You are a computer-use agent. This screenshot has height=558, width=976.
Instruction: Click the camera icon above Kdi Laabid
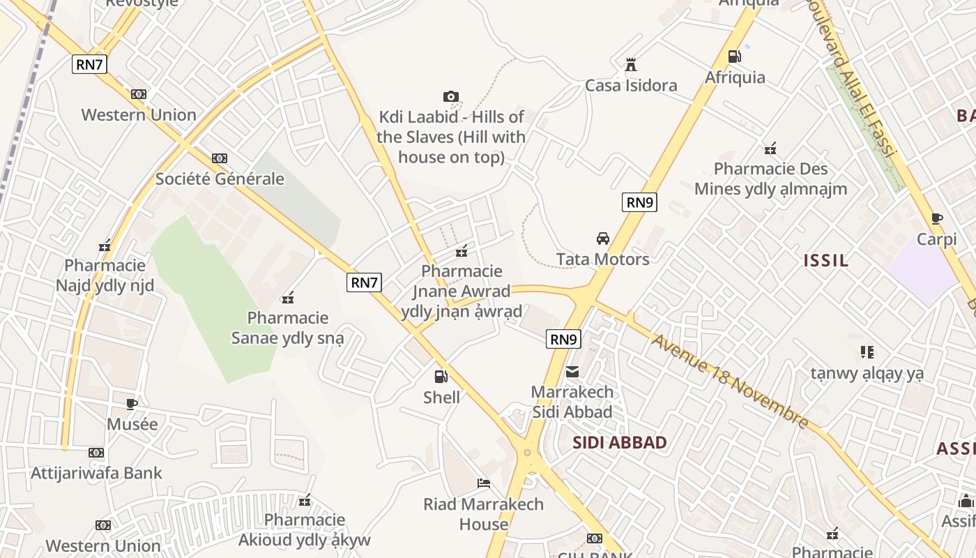pos(451,96)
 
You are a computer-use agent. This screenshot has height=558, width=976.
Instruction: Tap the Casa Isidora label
pos(631,86)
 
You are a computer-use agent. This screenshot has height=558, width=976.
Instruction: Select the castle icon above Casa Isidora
pos(631,65)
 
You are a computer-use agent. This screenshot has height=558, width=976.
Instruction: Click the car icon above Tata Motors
pos(603,239)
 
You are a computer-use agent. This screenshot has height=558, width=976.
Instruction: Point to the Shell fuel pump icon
pos(441,377)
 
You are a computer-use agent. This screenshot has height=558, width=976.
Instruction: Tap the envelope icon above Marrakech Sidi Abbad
pos(572,371)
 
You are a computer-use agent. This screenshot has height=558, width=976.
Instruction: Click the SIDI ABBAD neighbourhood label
pos(620,442)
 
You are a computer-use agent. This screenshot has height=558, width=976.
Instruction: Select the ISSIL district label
pos(826,261)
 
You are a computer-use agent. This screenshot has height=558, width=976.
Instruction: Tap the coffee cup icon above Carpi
pos(937,218)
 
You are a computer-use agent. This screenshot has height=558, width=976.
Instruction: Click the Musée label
pos(132,424)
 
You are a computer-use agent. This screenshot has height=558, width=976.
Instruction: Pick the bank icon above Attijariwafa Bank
pos(96,453)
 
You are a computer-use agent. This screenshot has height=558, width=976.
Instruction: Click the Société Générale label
pos(220,179)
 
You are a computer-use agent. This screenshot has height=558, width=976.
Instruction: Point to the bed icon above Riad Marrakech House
pos(484,483)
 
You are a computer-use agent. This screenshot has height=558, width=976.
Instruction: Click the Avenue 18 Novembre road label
pos(730,381)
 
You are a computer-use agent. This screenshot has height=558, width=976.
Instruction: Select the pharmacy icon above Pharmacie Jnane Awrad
pos(461,251)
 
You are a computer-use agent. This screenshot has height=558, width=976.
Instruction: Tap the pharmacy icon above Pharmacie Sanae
pos(288,298)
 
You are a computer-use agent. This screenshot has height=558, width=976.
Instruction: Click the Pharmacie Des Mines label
pos(771,179)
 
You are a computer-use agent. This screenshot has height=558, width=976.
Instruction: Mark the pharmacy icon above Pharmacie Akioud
pos(305,499)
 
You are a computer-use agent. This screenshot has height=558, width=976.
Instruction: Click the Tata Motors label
pos(603,259)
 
